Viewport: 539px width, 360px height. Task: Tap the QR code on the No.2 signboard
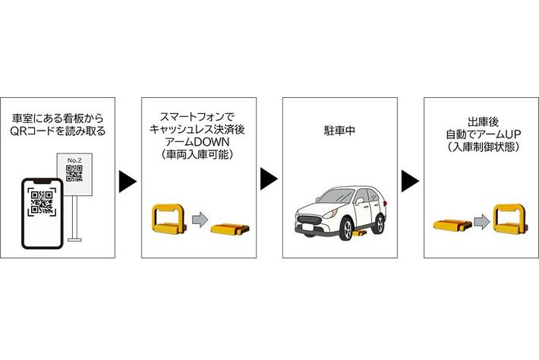click(x=74, y=175)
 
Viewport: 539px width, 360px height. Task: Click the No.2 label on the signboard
click(x=74, y=160)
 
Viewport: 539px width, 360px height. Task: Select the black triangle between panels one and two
click(x=128, y=182)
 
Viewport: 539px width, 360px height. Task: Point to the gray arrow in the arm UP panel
click(x=481, y=221)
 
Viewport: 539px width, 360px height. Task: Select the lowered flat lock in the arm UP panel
click(x=452, y=223)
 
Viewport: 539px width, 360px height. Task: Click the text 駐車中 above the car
click(x=339, y=131)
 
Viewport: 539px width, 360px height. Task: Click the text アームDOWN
click(x=199, y=142)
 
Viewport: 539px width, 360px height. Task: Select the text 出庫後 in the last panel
click(x=482, y=119)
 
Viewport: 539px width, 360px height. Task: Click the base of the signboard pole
click(x=74, y=239)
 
